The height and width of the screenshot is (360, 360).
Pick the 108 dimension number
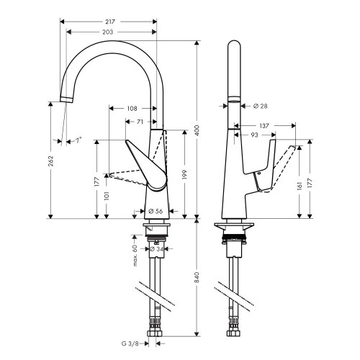(x=132, y=109)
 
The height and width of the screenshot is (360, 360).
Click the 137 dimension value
(x=264, y=125)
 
